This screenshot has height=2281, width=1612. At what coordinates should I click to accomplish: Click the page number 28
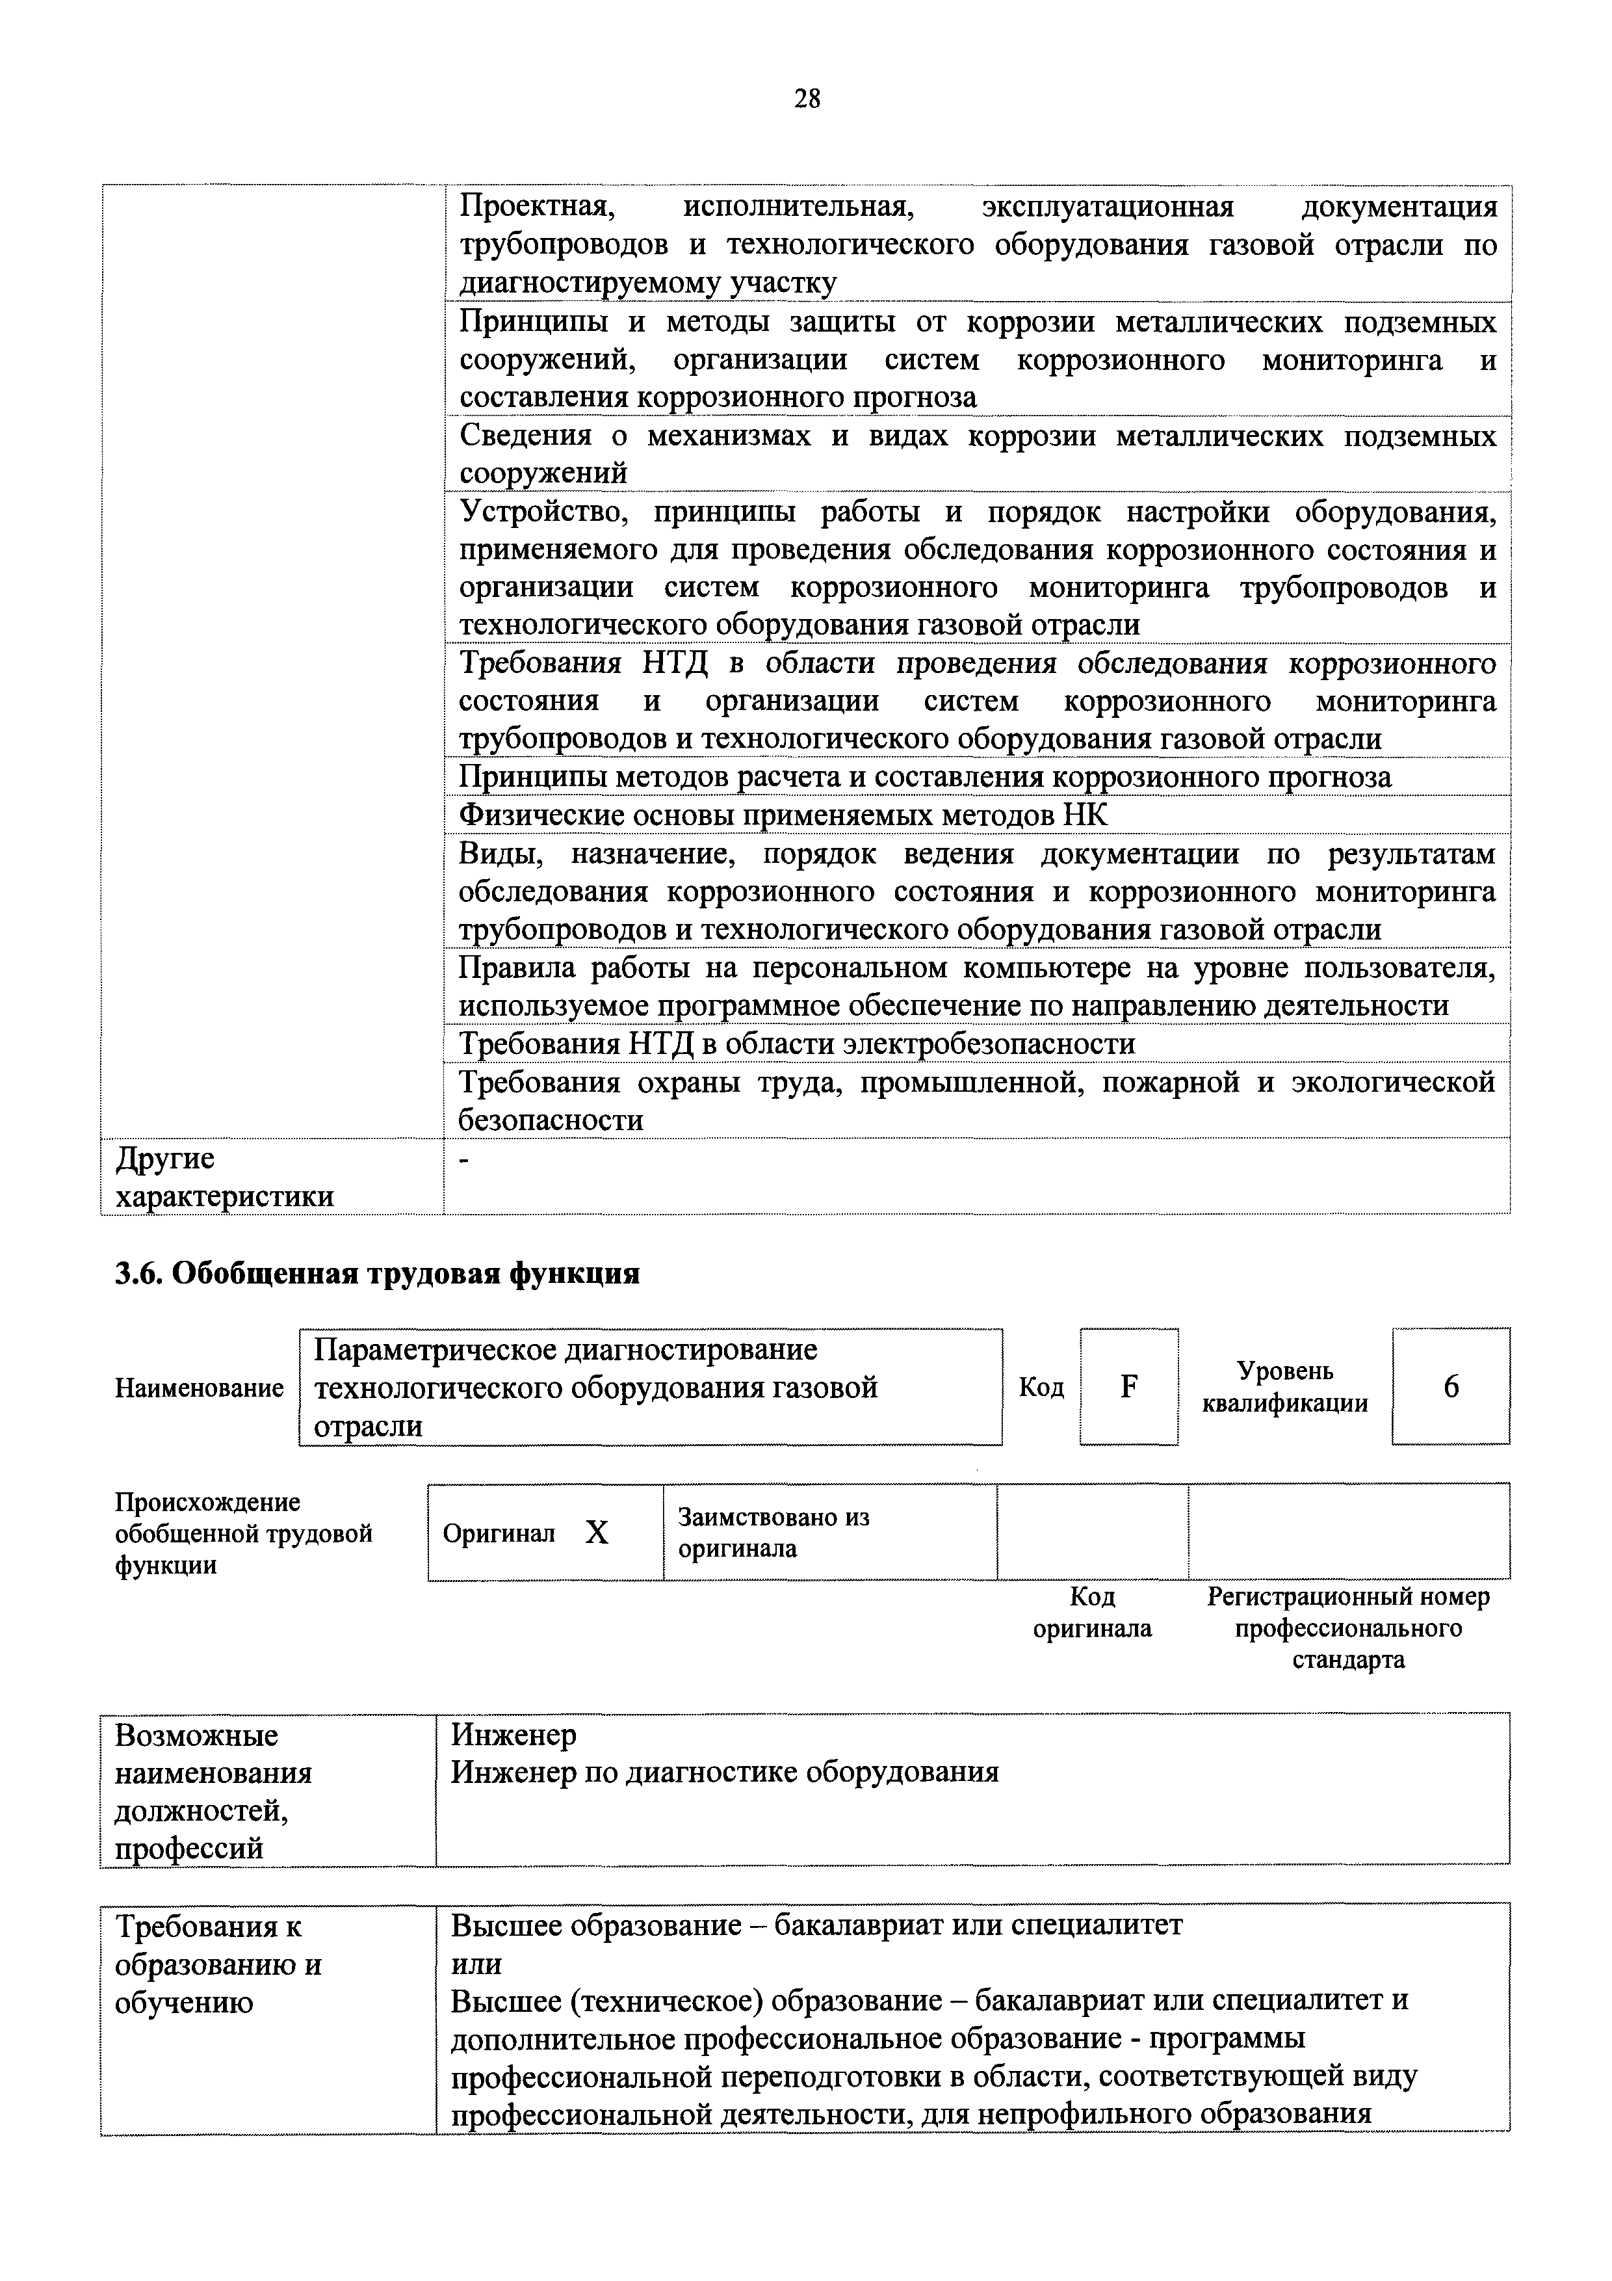tap(807, 98)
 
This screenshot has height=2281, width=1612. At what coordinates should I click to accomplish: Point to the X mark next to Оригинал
tap(596, 1533)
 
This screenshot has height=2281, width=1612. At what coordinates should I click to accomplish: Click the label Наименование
tap(199, 1388)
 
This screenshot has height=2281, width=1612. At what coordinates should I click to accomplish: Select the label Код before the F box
tap(1041, 1387)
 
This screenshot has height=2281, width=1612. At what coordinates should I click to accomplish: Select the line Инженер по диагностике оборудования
tap(724, 1773)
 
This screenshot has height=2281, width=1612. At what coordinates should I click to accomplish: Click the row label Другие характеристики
tap(224, 1178)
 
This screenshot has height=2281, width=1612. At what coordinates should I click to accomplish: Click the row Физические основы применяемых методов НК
tap(782, 815)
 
